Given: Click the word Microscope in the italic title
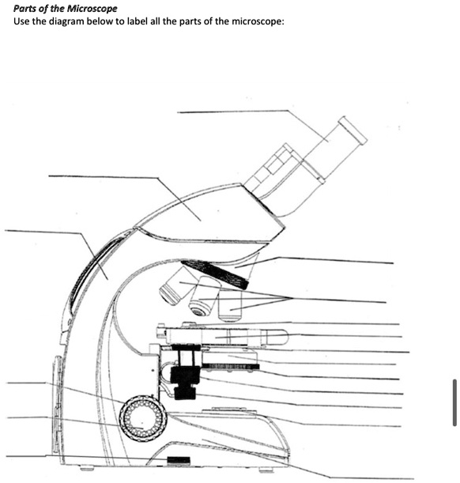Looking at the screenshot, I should [89, 8].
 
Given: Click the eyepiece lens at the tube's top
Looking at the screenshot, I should [352, 130].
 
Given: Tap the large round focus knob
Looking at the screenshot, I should [142, 417].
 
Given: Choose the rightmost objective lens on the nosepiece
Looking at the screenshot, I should [231, 305].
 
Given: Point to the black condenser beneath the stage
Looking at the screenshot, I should [187, 372].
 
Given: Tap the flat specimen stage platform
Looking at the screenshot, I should [221, 337].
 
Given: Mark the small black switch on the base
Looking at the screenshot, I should [177, 460].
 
